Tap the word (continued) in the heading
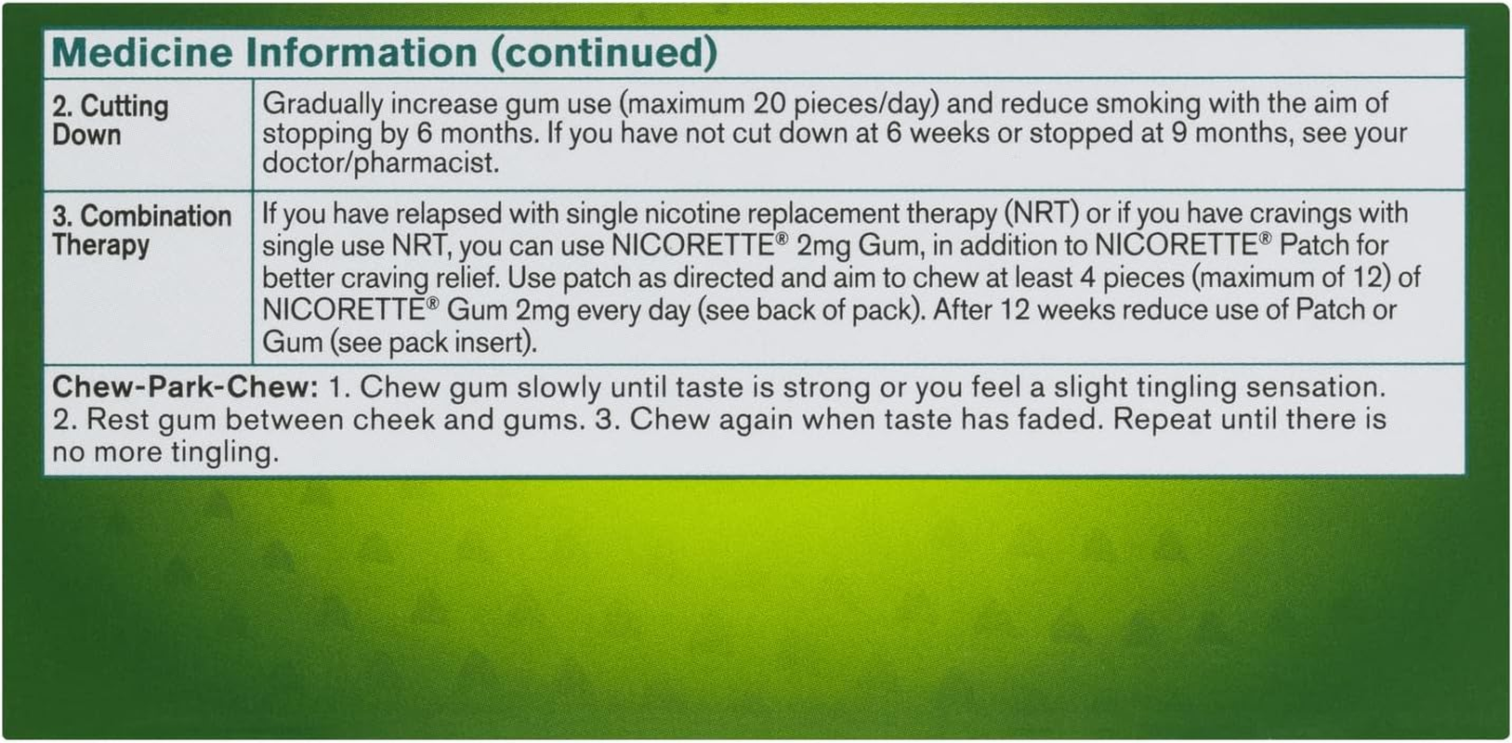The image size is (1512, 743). (x=603, y=52)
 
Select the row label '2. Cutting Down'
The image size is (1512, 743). (x=110, y=120)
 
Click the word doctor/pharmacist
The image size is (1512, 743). (x=380, y=163)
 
